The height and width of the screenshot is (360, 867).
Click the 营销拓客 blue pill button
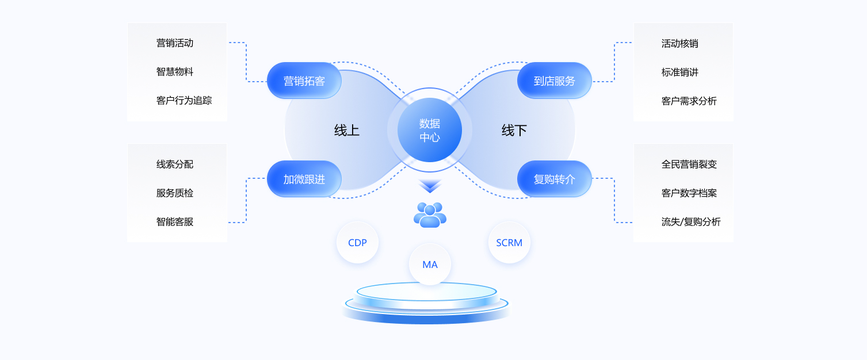pyautogui.click(x=304, y=81)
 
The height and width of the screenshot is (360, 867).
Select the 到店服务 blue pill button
pyautogui.click(x=555, y=81)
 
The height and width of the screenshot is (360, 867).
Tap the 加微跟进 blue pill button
pyautogui.click(x=304, y=179)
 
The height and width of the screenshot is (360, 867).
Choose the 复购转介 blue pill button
pyautogui.click(x=555, y=179)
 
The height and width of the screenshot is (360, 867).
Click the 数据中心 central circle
pyautogui.click(x=430, y=130)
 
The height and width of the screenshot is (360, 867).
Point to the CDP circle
pyautogui.click(x=357, y=243)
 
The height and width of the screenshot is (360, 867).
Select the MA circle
pyautogui.click(x=430, y=265)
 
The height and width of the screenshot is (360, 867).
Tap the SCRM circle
pyautogui.click(x=509, y=243)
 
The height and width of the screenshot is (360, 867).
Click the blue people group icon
pyautogui.click(x=430, y=215)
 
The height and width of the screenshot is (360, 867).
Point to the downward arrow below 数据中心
pyautogui.click(x=430, y=186)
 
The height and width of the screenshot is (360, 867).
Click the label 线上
pyautogui.click(x=347, y=131)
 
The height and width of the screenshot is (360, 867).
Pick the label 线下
pyautogui.click(x=514, y=131)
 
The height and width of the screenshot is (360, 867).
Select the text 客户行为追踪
pyautogui.click(x=184, y=101)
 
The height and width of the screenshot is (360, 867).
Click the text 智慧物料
pyautogui.click(x=175, y=72)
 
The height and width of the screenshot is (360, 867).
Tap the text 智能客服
pyautogui.click(x=175, y=221)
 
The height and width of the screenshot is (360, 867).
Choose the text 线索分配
pyautogui.click(x=175, y=164)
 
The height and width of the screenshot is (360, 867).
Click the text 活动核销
pyautogui.click(x=680, y=43)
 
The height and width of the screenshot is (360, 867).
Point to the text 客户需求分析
pyautogui.click(x=689, y=101)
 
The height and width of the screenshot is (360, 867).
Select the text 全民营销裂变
pyautogui.click(x=689, y=164)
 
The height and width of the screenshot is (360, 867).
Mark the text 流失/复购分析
pyautogui.click(x=691, y=221)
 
